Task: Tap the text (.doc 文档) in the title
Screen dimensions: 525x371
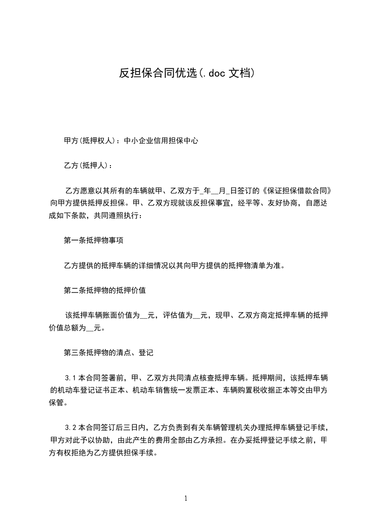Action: [226, 73]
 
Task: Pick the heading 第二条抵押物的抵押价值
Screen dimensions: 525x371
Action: [105, 290]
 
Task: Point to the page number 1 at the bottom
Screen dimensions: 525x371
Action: [186, 498]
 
